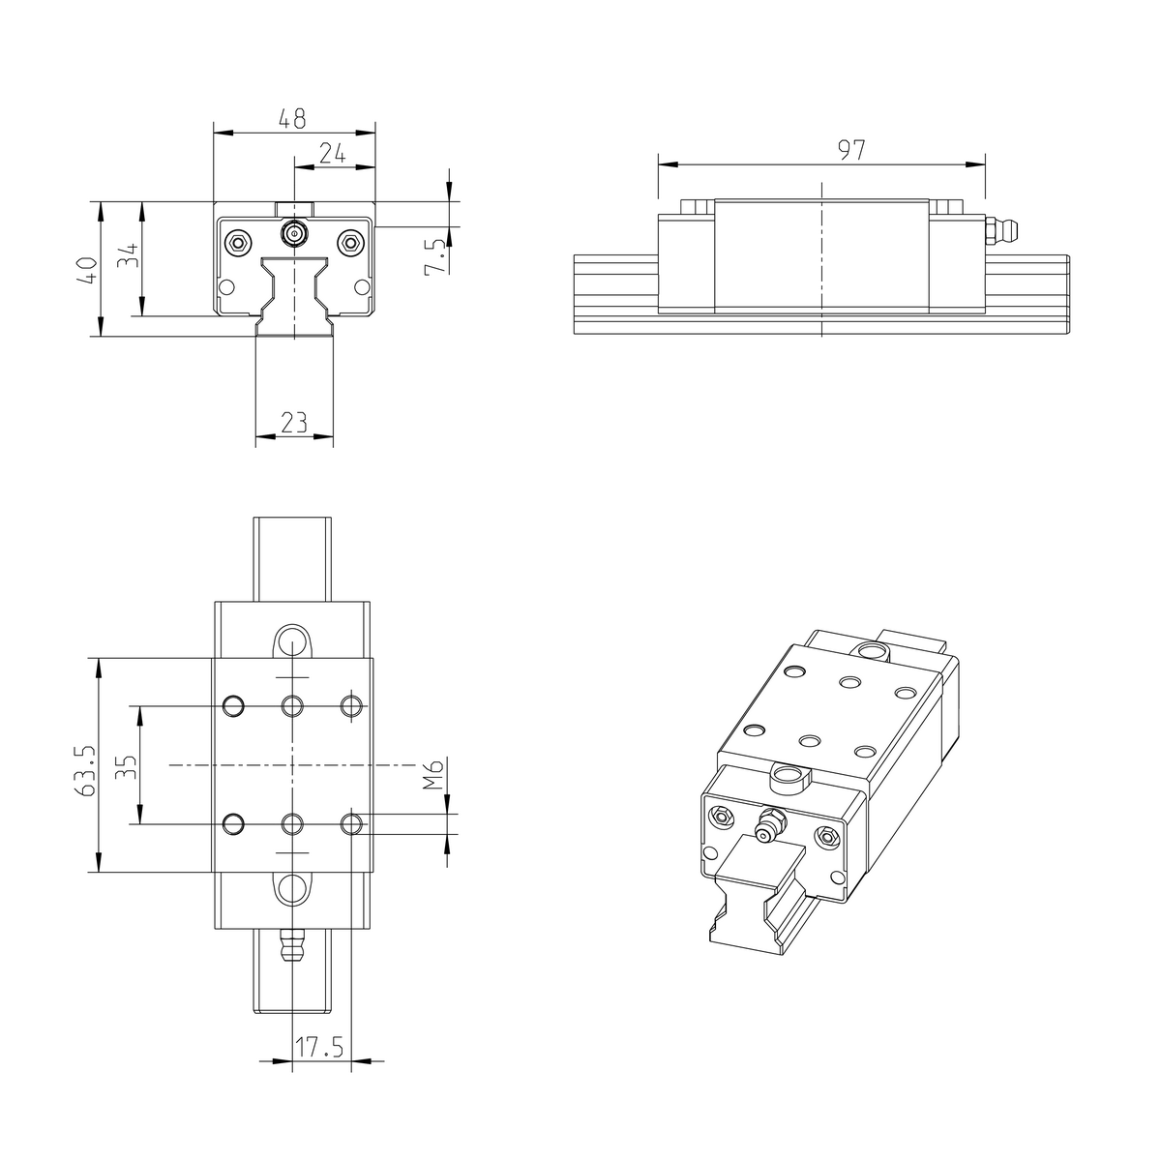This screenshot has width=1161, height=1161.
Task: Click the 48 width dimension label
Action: click(x=292, y=119)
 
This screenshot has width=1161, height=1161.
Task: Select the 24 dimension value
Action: click(x=332, y=153)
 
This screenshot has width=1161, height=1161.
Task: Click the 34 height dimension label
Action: click(x=129, y=257)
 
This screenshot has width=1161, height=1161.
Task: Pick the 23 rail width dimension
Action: click(x=293, y=422)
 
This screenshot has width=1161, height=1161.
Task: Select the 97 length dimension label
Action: click(x=850, y=149)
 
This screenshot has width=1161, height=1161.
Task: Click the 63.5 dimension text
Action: click(x=85, y=769)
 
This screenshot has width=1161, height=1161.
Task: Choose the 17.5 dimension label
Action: click(x=320, y=1047)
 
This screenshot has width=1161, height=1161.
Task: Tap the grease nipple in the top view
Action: click(x=292, y=945)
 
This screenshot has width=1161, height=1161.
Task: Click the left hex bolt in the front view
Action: click(x=236, y=241)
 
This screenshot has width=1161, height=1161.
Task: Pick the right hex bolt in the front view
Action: click(x=350, y=241)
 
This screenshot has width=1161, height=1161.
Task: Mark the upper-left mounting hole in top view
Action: click(x=233, y=706)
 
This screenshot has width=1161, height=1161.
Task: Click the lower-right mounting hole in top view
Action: click(x=352, y=823)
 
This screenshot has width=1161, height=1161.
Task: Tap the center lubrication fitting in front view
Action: click(x=293, y=233)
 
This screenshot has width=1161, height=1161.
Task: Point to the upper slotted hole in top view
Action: click(x=292, y=640)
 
